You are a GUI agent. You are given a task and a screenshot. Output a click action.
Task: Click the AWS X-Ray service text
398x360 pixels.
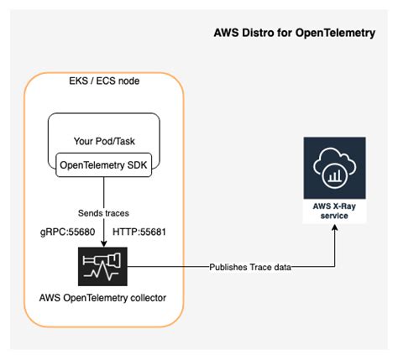(x=335, y=211)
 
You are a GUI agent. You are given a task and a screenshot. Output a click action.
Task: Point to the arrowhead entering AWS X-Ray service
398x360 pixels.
(x=335, y=232)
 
